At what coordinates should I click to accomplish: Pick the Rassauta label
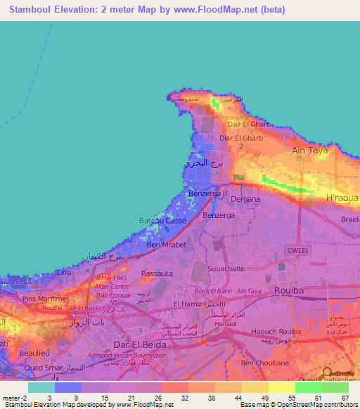coord(157,273)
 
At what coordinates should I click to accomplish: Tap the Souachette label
coord(225,268)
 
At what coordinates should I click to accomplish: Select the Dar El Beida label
coord(140,345)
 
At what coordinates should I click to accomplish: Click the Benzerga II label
coord(208,193)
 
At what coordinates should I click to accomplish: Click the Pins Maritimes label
coord(46,299)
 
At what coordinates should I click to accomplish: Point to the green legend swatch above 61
coord(308,387)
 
